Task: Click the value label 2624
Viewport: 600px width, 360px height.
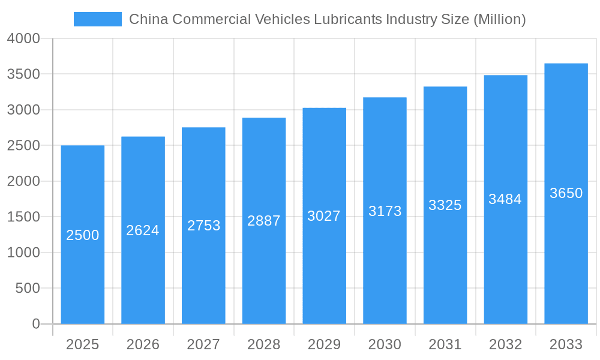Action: point(143,230)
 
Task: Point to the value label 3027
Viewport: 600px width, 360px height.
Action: point(324,216)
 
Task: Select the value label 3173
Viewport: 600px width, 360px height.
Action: point(385,211)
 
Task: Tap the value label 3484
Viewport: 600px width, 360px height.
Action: point(505,199)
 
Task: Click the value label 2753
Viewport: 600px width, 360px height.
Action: point(203,226)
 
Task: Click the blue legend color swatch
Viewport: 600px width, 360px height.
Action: point(97,19)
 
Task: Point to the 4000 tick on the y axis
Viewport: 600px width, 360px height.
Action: point(23,38)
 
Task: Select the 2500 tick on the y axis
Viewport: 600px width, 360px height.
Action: point(23,146)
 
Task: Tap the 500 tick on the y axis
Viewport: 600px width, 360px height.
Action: point(28,289)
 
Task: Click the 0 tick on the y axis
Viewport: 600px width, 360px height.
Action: point(36,324)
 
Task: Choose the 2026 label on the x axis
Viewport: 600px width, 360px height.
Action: point(143,344)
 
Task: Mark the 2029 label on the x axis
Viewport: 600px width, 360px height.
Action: point(324,344)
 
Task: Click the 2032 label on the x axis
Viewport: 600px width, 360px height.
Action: point(505,344)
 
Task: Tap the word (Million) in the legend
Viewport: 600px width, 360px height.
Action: point(500,19)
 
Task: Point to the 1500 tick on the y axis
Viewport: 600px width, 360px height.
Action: point(23,217)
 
